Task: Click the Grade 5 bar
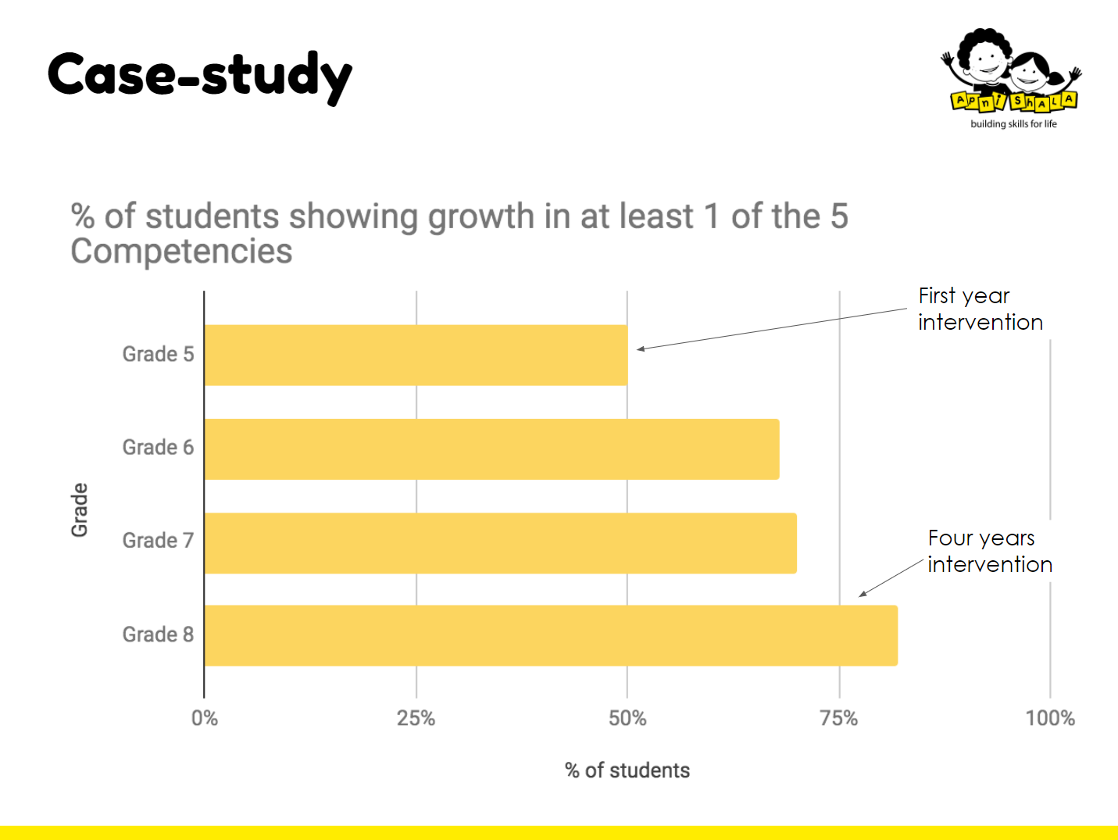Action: pyautogui.click(x=416, y=355)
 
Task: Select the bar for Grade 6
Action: pyautogui.click(x=491, y=449)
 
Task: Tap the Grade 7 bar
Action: pyautogui.click(x=500, y=542)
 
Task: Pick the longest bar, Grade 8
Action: pyautogui.click(x=551, y=635)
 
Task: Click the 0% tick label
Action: pyautogui.click(x=205, y=718)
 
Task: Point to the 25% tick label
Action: pyautogui.click(x=416, y=718)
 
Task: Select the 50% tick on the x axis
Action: pyautogui.click(x=627, y=718)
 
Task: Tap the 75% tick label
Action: pyautogui.click(x=839, y=718)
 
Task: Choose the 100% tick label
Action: pyautogui.click(x=1050, y=718)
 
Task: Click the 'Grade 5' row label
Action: pyautogui.click(x=158, y=354)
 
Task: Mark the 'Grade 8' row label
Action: pyautogui.click(x=158, y=634)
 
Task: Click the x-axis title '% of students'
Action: pyautogui.click(x=627, y=770)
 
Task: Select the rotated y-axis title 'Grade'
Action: pyautogui.click(x=80, y=509)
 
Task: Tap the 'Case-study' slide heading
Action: pyautogui.click(x=200, y=75)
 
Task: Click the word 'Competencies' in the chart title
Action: pyautogui.click(x=181, y=252)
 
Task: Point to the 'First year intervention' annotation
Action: pyautogui.click(x=980, y=309)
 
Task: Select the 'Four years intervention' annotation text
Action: pyautogui.click(x=989, y=551)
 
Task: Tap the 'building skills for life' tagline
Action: pyautogui.click(x=1013, y=123)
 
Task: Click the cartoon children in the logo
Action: pyautogui.click(x=1008, y=63)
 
